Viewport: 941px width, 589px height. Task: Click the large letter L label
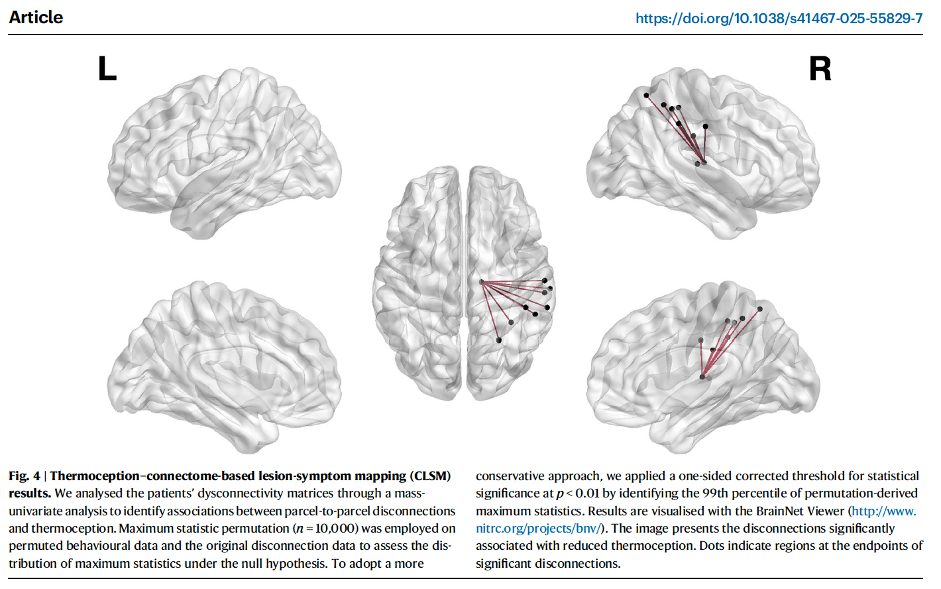[107, 68]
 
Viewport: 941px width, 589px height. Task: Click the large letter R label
[820, 68]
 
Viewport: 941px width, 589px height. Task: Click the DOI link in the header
[779, 19]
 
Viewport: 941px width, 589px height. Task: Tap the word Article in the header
[36, 17]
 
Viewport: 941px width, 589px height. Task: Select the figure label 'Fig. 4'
[24, 476]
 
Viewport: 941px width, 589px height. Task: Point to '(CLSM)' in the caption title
[430, 476]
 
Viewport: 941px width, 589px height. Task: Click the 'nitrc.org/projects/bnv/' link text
[537, 529]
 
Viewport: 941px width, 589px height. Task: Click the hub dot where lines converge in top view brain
[482, 283]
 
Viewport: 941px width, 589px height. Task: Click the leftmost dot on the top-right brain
[646, 96]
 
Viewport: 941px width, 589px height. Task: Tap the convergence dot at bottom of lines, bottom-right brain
[702, 377]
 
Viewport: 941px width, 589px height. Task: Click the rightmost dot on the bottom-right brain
[760, 309]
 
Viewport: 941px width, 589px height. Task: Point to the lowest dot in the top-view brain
[499, 340]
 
